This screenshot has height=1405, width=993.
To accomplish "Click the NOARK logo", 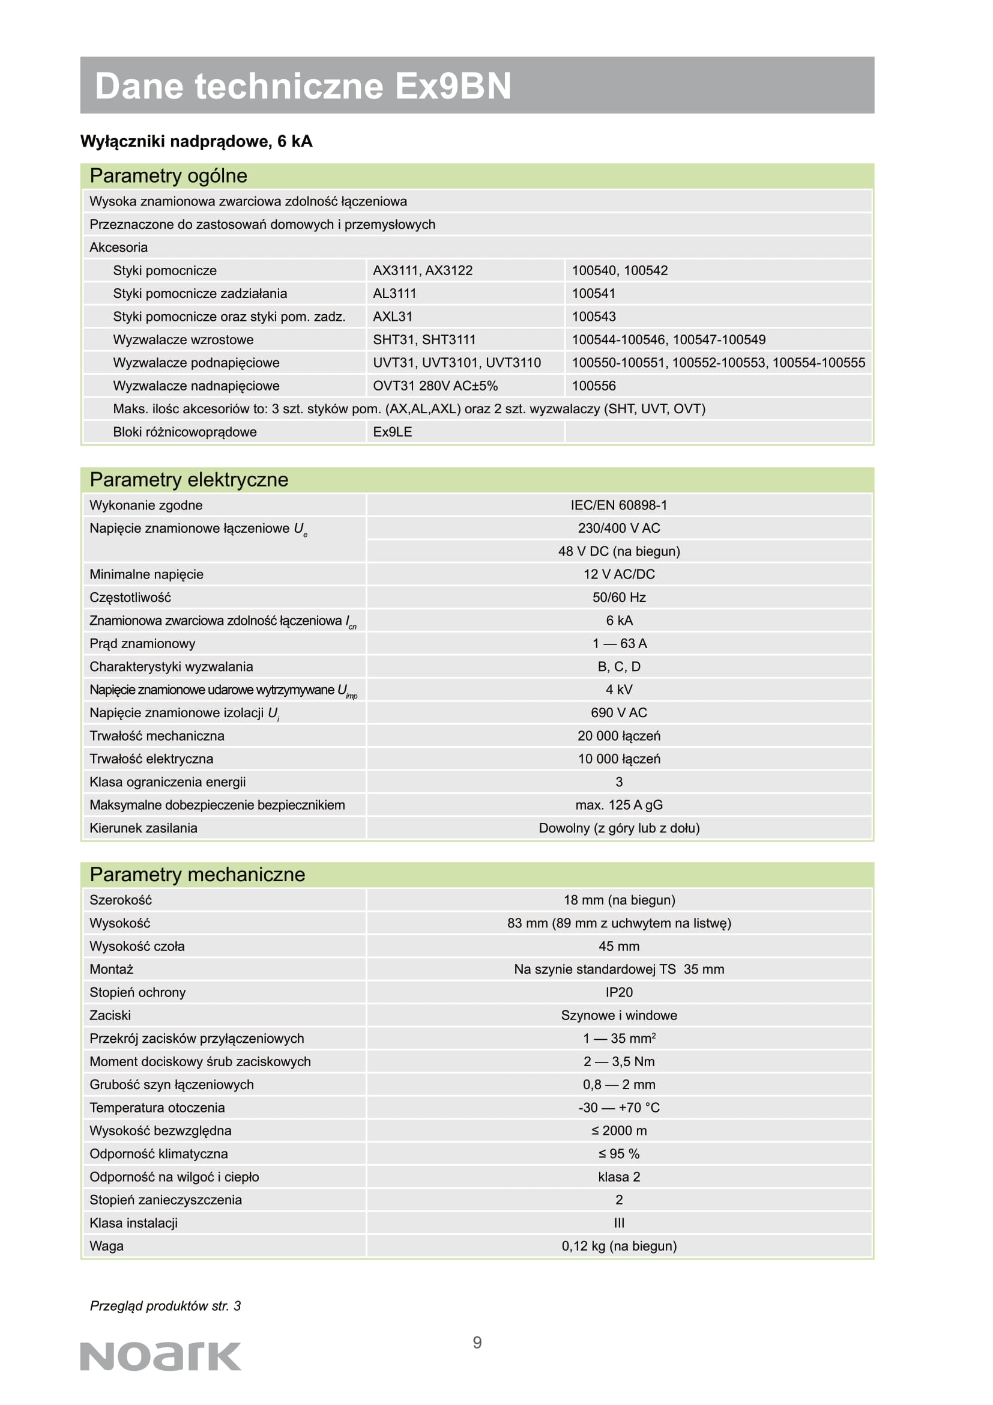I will coord(160,1357).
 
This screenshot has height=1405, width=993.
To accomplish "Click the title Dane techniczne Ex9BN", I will coord(303,86).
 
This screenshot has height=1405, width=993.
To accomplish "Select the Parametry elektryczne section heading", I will coord(189,480).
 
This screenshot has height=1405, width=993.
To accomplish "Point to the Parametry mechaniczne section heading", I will coord(197,875).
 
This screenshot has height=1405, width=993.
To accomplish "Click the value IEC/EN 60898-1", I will coord(619,505).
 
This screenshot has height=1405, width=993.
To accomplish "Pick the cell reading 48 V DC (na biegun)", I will coord(619,551).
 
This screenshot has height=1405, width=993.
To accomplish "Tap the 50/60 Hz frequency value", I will coord(619,597).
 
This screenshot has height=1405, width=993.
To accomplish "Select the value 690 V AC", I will coord(619,713).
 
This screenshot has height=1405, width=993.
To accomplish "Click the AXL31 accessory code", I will coord(393,317).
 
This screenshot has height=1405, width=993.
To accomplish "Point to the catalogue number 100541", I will coord(593,294).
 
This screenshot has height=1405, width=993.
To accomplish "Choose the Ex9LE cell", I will coord(393,432).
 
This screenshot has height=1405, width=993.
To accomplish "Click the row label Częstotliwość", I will coord(130,597).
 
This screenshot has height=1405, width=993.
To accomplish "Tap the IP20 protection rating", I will coord(619,992).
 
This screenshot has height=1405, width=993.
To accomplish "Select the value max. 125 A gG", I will coord(619,806).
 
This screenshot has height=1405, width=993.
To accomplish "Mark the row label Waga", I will coord(106,1246).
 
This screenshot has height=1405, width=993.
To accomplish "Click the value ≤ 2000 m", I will coord(619,1131).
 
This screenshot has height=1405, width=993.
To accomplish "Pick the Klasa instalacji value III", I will coord(619,1222).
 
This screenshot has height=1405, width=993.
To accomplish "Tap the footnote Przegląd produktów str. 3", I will coord(165,1306).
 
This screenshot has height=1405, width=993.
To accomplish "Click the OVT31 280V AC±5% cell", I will coord(435,386).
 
